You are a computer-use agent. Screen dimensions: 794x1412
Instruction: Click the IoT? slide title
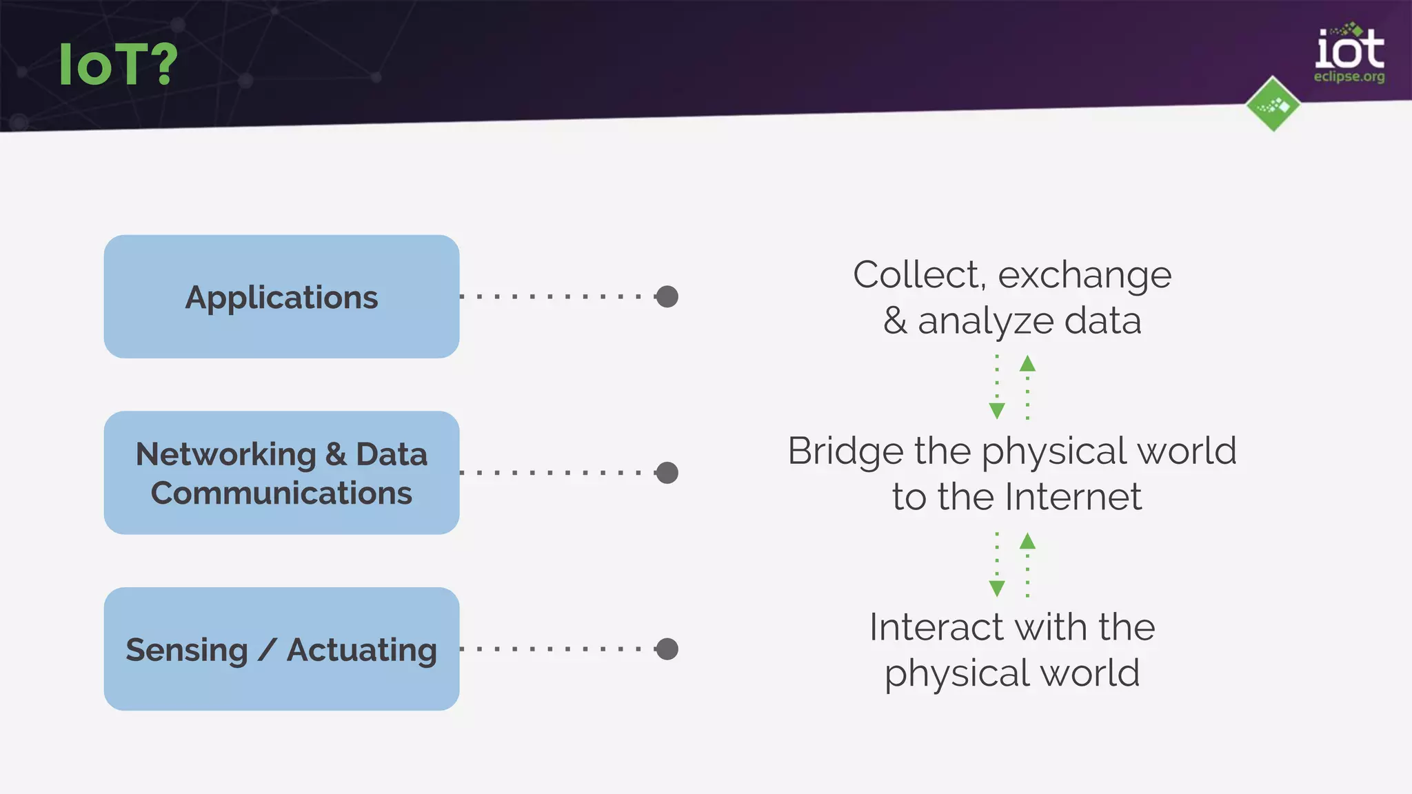pyautogui.click(x=118, y=64)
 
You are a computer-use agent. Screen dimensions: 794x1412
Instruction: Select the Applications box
pyautogui.click(x=281, y=297)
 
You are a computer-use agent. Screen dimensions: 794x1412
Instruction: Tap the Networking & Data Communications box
pyautogui.click(x=281, y=473)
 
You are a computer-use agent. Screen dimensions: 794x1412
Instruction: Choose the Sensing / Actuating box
pyautogui.click(x=281, y=649)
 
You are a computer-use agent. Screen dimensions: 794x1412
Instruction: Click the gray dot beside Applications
pyautogui.click(x=667, y=297)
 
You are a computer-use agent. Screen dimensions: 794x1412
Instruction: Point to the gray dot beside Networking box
pyautogui.click(x=667, y=473)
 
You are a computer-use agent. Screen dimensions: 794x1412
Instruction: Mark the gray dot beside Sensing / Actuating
pyautogui.click(x=667, y=649)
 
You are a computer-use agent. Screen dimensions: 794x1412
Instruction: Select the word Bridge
pyautogui.click(x=845, y=451)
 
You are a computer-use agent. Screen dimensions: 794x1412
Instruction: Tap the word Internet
pyautogui.click(x=1073, y=497)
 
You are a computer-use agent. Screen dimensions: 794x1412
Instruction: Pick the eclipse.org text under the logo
pyautogui.click(x=1349, y=77)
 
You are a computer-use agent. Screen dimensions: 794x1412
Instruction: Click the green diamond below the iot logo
pyautogui.click(x=1273, y=105)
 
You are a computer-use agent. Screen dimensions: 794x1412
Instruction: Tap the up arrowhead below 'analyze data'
pyautogui.click(x=1027, y=363)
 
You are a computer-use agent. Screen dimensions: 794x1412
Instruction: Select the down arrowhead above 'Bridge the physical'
pyautogui.click(x=997, y=411)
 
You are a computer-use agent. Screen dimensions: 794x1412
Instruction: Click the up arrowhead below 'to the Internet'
pyautogui.click(x=1027, y=541)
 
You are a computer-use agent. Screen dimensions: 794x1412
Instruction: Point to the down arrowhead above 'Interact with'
pyautogui.click(x=997, y=588)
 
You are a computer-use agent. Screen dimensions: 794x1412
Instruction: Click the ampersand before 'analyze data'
pyautogui.click(x=895, y=321)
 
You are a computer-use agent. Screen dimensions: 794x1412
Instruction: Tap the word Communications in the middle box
pyautogui.click(x=281, y=493)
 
